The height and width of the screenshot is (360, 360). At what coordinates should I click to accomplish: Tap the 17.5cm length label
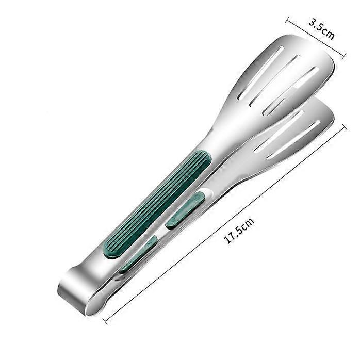pos(239,230)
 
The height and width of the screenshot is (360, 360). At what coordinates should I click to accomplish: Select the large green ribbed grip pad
pos(157,203)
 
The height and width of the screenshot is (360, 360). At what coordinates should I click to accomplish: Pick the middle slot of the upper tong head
pos(274,80)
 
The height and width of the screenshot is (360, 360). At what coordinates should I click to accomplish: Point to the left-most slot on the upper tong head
pos(260,73)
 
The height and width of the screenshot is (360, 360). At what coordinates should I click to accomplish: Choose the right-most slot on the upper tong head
pos(291,91)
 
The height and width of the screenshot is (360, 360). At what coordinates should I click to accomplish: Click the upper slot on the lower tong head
pos(279,132)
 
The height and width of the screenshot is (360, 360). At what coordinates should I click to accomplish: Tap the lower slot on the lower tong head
pos(293,140)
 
